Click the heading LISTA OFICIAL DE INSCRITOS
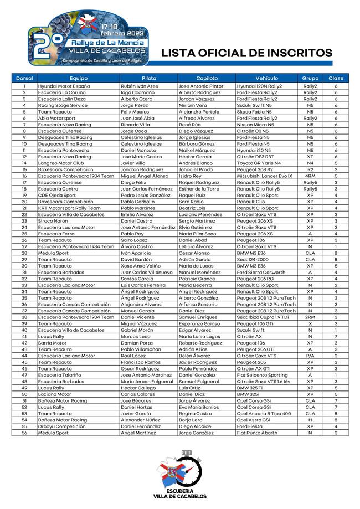[246, 53]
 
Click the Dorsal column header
[24, 78]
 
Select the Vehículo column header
[267, 78]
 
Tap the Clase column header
[336, 78]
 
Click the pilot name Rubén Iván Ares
[140, 86]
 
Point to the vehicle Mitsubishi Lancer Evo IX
[264, 176]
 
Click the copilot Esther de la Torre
[199, 188]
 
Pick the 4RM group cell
[310, 176]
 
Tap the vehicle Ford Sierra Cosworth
[261, 272]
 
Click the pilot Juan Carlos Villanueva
[147, 272]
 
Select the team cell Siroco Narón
[53, 220]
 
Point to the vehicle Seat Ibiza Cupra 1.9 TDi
[263, 317]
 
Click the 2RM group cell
[310, 317]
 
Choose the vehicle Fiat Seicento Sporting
[262, 375]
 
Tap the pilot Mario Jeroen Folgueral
[147, 381]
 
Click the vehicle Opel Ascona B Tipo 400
[264, 413]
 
